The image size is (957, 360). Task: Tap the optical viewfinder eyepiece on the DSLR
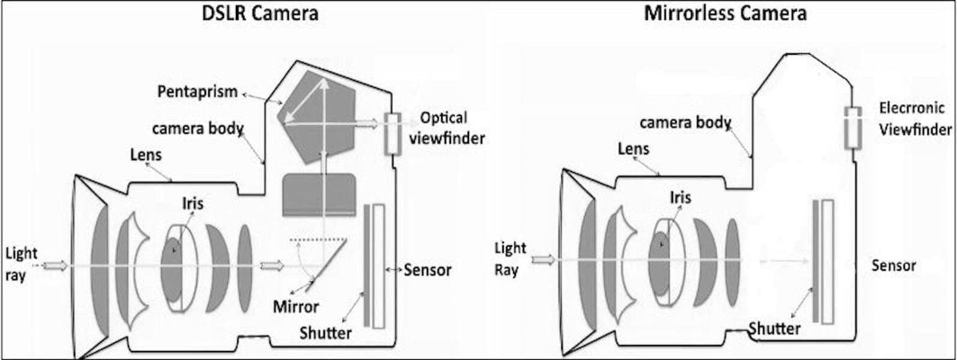click(393, 134)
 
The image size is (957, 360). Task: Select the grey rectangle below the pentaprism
click(321, 194)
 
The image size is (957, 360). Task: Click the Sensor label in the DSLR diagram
click(427, 269)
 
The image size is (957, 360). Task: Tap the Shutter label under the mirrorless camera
click(776, 328)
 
